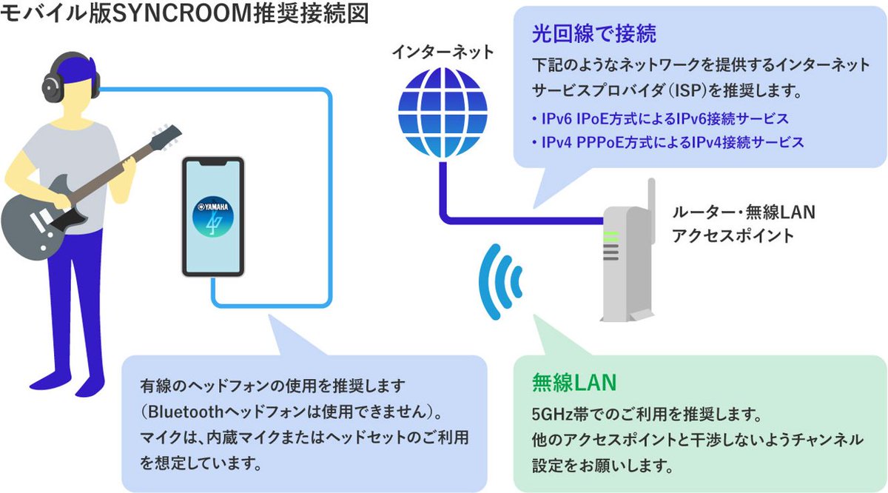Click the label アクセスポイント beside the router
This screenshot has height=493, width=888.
(733, 236)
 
